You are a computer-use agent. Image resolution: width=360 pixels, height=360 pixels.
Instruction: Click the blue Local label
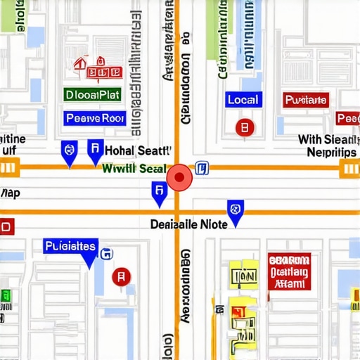[x=243, y=101]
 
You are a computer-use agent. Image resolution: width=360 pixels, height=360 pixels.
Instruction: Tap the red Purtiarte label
[x=306, y=101]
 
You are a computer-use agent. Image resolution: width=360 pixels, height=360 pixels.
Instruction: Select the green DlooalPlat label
[x=92, y=94]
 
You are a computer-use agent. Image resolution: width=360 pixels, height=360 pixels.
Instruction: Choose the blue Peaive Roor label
[x=94, y=118]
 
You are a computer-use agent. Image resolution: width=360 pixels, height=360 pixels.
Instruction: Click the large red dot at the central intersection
[x=179, y=177]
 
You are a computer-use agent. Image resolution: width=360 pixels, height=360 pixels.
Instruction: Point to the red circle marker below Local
[x=244, y=128]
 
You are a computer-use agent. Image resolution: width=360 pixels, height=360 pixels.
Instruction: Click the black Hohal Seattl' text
[x=138, y=150]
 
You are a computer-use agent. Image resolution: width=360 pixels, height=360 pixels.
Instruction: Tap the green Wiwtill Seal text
[x=134, y=169]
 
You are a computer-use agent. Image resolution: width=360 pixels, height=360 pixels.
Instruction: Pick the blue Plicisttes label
[x=70, y=246]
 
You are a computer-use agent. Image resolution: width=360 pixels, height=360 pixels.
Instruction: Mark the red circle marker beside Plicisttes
[x=122, y=277]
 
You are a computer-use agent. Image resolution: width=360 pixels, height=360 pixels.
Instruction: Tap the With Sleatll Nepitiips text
[x=329, y=146]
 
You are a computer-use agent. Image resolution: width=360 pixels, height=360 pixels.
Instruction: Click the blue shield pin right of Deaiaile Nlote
[x=236, y=210]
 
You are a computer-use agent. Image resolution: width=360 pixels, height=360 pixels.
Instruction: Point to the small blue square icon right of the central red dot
[x=202, y=167]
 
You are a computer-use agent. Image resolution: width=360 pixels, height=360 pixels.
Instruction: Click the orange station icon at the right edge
[x=349, y=167]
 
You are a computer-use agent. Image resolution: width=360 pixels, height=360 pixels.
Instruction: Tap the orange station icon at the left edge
[x=8, y=167]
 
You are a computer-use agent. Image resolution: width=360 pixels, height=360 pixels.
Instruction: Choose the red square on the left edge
[x=6, y=227]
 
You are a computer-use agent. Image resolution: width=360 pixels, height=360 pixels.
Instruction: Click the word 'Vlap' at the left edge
[x=10, y=193]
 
